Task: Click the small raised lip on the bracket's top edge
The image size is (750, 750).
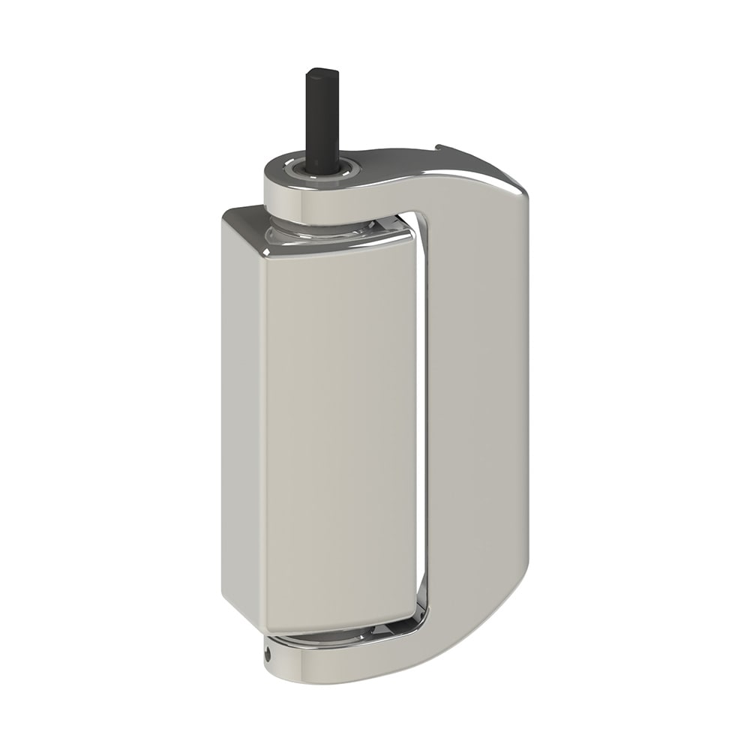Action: point(442,148)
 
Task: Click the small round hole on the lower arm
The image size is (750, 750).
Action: point(268,652)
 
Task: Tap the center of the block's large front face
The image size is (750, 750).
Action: point(337,435)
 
